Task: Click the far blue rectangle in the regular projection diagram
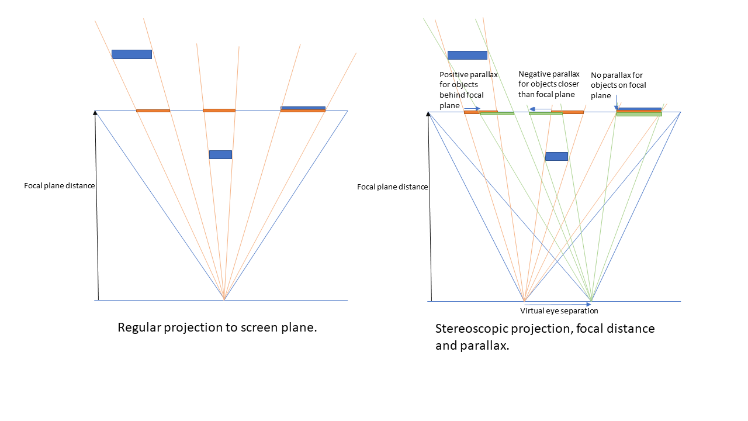tap(131, 54)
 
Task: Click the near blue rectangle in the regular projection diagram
tap(220, 154)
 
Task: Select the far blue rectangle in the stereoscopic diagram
tap(467, 55)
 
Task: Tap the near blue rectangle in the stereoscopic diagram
tap(556, 156)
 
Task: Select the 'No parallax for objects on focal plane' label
tap(618, 85)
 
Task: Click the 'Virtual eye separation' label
tap(559, 311)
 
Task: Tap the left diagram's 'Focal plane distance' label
tap(59, 186)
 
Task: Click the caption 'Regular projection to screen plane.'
tap(217, 327)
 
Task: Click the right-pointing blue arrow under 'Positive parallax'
tap(473, 108)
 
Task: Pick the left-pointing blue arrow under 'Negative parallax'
tap(540, 108)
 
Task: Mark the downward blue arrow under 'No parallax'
tap(616, 103)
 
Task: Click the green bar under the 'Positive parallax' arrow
tap(497, 113)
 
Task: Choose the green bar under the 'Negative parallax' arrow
tap(545, 113)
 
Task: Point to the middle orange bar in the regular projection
tap(219, 110)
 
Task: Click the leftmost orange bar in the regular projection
tap(153, 111)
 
